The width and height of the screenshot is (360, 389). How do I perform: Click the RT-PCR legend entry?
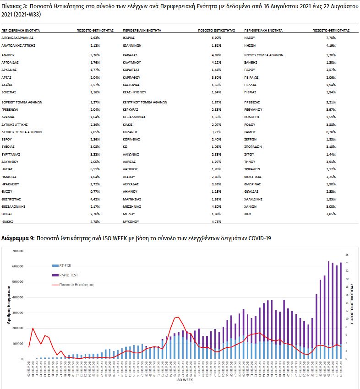pyautogui.click(x=64, y=265)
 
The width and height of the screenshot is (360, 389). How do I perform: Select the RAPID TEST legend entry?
pyautogui.click(x=67, y=275)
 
